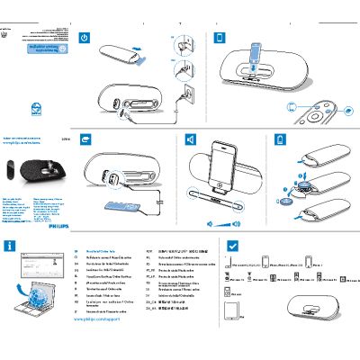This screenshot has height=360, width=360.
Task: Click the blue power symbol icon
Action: tap(85, 38)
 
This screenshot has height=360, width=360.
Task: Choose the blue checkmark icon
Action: tap(232, 245)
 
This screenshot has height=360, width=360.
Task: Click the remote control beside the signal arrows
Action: tap(316, 112)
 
